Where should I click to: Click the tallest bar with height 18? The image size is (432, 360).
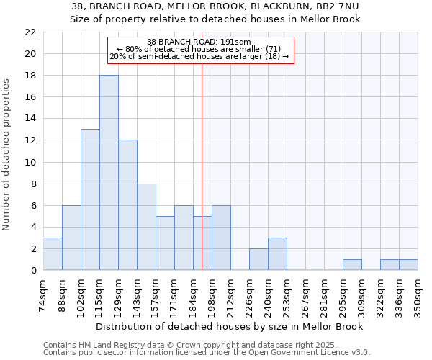pos(109,173)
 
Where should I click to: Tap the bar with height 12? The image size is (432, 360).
pos(127,205)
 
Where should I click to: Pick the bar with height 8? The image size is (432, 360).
pos(146,227)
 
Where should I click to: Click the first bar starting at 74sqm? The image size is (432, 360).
pos(53,254)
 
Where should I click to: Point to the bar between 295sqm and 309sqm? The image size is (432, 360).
pos(352,265)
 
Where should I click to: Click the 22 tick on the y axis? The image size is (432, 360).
pos(30,32)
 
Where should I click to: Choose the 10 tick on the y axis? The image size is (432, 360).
pos(30,162)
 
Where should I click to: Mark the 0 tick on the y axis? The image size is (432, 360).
pos(32,271)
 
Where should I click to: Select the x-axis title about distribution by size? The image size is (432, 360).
pos(229,326)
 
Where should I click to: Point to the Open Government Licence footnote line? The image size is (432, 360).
pos(206,353)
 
